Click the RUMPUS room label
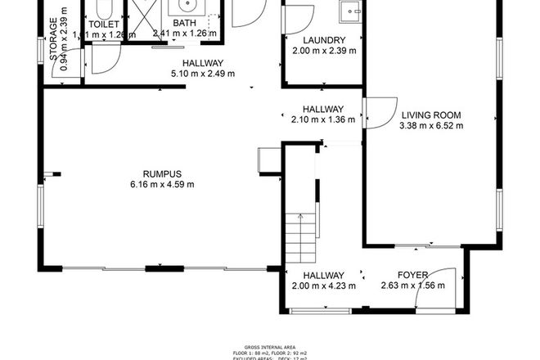point(161,173)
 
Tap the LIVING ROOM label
point(430,115)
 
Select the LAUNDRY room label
point(323,40)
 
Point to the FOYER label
point(413,275)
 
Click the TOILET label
point(104,25)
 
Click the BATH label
point(184,24)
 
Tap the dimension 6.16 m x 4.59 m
point(161,184)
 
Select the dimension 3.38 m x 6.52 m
point(431,126)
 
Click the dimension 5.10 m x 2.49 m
point(202,73)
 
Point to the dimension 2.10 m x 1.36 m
point(323,119)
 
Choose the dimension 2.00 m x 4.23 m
point(322,286)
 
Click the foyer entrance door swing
point(439,288)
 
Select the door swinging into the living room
point(376,113)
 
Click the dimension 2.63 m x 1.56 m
point(413,286)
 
